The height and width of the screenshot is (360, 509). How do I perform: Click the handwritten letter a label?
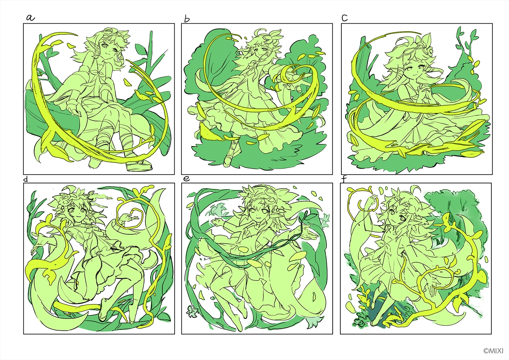coord(30,18)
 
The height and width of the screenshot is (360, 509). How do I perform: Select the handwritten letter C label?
coord(345,18)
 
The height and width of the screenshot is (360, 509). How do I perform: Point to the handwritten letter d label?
coord(26,180)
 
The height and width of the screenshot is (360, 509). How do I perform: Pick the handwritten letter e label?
coord(187,179)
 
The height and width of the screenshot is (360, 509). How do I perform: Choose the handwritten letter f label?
coord(344,179)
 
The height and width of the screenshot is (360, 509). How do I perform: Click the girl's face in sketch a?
coord(109,50)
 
